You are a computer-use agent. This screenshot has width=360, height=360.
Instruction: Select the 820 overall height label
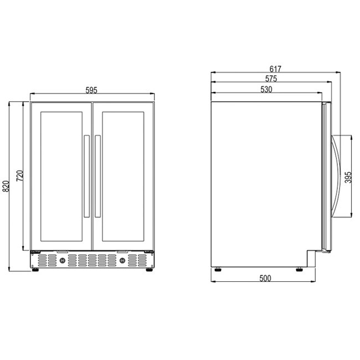pos(7,186)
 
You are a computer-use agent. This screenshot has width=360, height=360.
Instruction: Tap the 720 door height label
pos(19,176)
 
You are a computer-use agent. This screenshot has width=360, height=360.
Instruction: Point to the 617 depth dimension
pos(275,69)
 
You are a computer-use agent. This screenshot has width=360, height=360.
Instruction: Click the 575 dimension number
pos(271,79)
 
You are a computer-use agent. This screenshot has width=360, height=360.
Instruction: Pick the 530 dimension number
pos(266,90)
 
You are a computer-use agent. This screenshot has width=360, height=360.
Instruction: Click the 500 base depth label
pos(265,278)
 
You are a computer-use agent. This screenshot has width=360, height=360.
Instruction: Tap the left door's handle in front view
pos(86,176)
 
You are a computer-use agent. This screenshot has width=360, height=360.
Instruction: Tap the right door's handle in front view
pos(97,176)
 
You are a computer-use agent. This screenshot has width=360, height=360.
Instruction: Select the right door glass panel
pos(122,176)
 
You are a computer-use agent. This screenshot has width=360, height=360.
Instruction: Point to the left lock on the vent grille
pos(63,260)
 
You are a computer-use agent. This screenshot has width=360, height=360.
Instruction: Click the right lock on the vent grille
pos(121,260)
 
